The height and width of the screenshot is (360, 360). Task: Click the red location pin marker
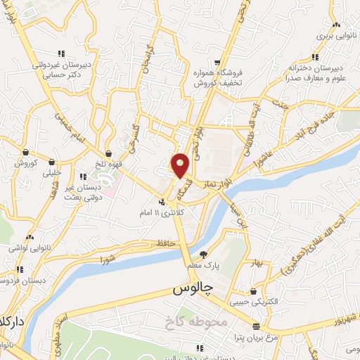click(181, 165)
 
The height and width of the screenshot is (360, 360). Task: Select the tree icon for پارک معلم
click(204, 255)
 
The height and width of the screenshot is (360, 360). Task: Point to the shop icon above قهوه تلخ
click(109, 153)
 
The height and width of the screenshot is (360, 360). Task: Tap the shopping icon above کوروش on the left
click(25, 153)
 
